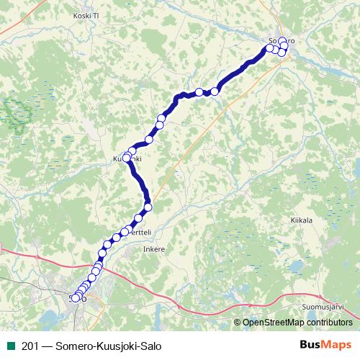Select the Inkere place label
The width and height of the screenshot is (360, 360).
154,249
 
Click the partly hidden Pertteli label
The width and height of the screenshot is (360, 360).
138,234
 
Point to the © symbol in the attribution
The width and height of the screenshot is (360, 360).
238,322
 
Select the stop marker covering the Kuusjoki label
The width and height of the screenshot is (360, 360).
127,158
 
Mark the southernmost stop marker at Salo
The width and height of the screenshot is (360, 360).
75,298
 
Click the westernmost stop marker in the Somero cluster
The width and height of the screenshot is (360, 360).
270,48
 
